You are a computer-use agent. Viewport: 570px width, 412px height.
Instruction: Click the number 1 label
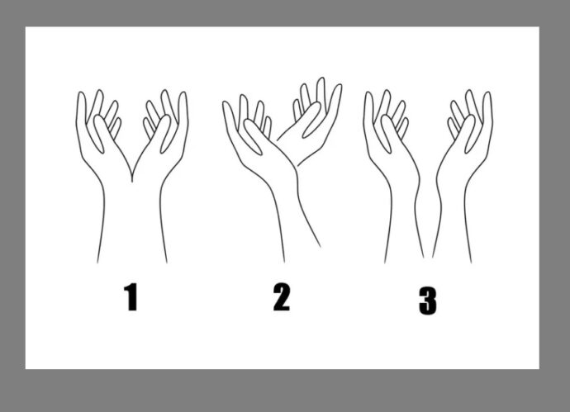(x=131, y=297)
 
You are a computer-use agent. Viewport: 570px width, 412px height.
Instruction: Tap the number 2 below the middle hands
(x=282, y=297)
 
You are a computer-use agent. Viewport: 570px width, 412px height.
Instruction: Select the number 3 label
(x=428, y=301)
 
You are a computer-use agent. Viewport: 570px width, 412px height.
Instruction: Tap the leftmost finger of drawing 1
(x=82, y=108)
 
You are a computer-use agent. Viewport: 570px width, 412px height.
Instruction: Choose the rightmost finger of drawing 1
(x=183, y=108)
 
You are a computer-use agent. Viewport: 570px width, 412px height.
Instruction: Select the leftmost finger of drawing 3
(x=368, y=108)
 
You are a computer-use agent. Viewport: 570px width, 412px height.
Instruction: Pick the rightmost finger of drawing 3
(x=487, y=108)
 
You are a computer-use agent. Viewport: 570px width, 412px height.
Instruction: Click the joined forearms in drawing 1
(x=132, y=221)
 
